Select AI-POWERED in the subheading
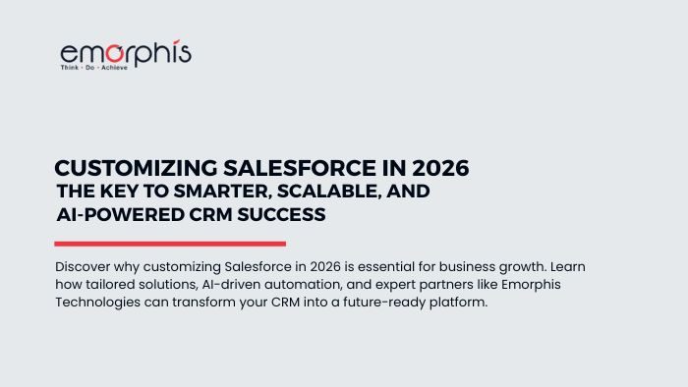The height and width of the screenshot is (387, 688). (x=111, y=214)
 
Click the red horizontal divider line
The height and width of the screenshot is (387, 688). (x=170, y=244)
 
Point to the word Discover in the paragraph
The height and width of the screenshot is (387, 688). (x=84, y=267)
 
